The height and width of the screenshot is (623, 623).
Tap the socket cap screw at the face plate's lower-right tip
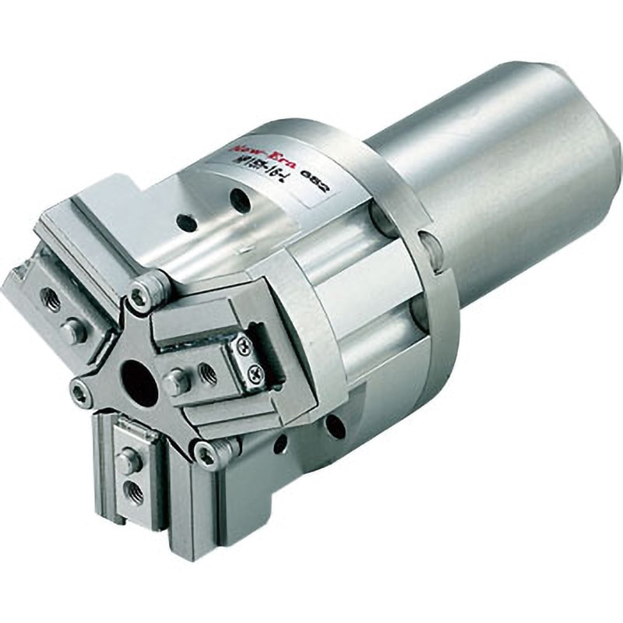[x=205, y=453]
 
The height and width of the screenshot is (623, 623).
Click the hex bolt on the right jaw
[x=177, y=382]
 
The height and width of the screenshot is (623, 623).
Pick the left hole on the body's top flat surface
[x=187, y=224]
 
